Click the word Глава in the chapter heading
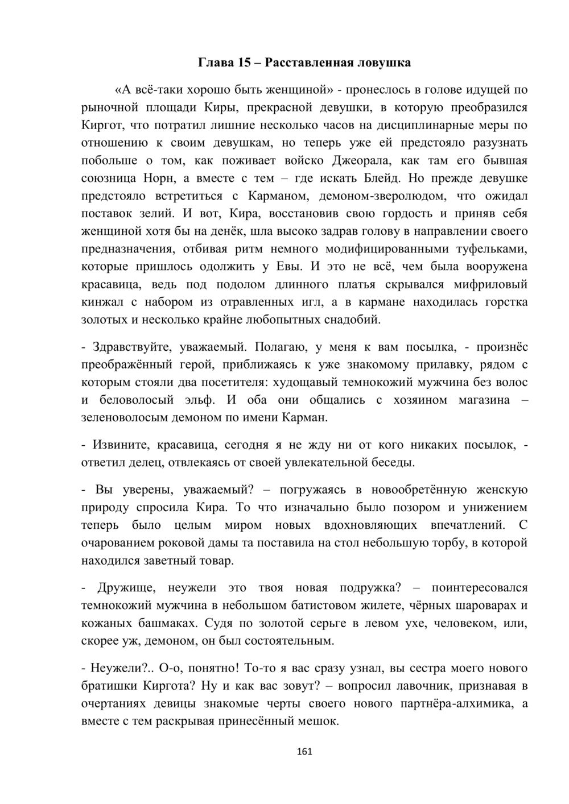click(215, 63)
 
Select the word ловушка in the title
click(382, 63)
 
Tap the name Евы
click(288, 267)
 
